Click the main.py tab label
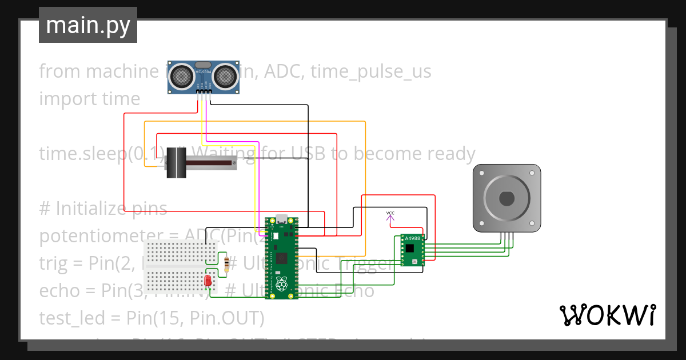pos(87,25)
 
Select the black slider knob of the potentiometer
pos(176,163)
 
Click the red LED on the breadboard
pos(208,281)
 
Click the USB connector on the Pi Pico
pos(281,219)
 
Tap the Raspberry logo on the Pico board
pos(281,285)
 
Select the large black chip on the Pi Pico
pos(281,258)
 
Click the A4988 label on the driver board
pos(412,238)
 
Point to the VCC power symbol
pos(390,214)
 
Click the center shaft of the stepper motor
pos(506,198)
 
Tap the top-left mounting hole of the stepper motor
pos(480,171)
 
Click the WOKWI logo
pos(607,315)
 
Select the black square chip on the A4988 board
pos(409,248)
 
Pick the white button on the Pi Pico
pos(275,235)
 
